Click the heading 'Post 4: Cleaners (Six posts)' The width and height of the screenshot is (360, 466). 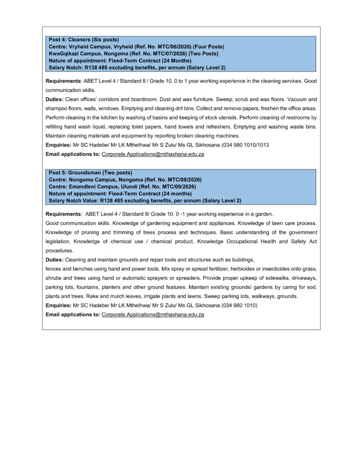(x=84, y=40)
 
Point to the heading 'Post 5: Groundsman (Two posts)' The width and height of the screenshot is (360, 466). (x=90, y=172)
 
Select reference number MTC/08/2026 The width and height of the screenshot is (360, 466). (x=178, y=180)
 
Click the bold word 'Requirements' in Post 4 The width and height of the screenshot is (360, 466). (x=63, y=81)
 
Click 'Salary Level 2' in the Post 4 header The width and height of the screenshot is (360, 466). (x=206, y=68)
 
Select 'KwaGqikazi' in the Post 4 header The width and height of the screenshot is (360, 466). (x=64, y=54)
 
